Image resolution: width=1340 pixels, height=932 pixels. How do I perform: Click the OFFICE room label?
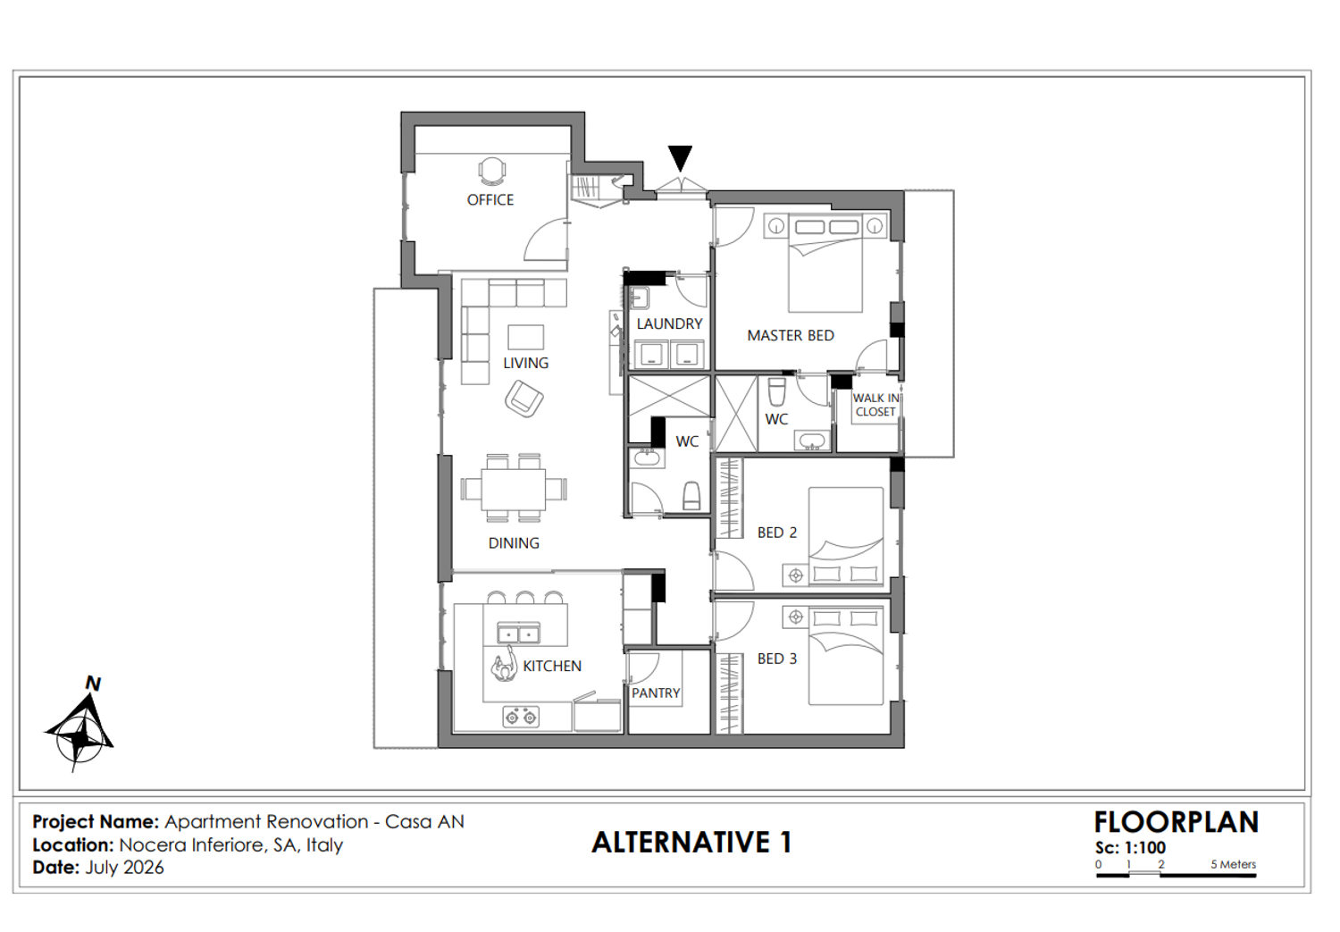[490, 200]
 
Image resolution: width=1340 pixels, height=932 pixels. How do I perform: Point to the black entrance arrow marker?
[680, 158]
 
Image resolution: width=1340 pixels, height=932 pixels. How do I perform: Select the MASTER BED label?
[791, 336]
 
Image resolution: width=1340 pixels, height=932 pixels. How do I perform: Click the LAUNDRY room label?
[669, 323]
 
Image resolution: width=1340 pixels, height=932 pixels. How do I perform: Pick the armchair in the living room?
[524, 399]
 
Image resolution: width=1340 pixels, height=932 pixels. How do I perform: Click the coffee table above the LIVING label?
[526, 337]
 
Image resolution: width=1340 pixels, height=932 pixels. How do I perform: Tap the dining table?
[514, 489]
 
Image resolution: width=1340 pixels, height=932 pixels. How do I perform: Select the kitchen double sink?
[519, 633]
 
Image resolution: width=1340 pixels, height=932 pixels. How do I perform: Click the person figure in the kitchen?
[505, 664]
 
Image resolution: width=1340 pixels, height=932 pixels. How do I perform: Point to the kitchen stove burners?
[521, 716]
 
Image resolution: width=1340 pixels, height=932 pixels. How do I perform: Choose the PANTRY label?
[656, 693]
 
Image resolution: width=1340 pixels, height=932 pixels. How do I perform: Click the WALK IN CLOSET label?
[875, 405]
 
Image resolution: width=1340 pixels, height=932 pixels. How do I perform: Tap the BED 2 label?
[777, 533]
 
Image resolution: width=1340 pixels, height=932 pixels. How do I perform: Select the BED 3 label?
[777, 659]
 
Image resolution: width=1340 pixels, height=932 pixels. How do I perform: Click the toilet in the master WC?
[776, 391]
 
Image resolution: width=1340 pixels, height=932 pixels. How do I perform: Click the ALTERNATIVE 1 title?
[691, 843]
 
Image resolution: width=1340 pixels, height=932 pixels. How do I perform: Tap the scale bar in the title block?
[1177, 875]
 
